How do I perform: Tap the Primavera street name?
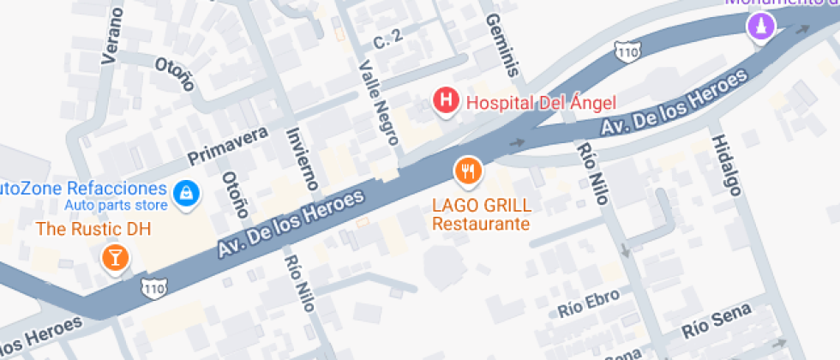(x=227, y=146)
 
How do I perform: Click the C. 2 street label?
(x=387, y=40)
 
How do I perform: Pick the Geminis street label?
(x=505, y=45)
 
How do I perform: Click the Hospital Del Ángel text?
(x=540, y=103)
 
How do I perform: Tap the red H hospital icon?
(x=446, y=101)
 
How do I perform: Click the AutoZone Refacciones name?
(x=81, y=188)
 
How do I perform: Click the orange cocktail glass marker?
(x=114, y=256)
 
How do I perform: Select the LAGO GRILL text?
(x=482, y=206)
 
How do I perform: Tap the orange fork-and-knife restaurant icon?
(x=467, y=171)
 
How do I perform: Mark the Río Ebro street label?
(x=587, y=307)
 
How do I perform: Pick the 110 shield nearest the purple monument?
(x=627, y=51)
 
